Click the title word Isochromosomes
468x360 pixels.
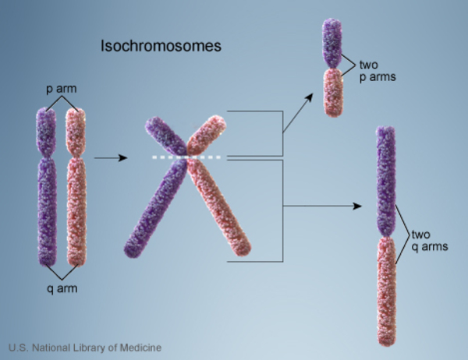point(161,46)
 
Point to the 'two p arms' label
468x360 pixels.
point(373,72)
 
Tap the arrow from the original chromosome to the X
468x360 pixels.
point(110,158)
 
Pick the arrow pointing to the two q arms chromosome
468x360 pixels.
point(324,206)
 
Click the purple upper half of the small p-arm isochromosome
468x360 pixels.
point(333,42)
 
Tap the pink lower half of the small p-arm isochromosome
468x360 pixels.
point(333,93)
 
